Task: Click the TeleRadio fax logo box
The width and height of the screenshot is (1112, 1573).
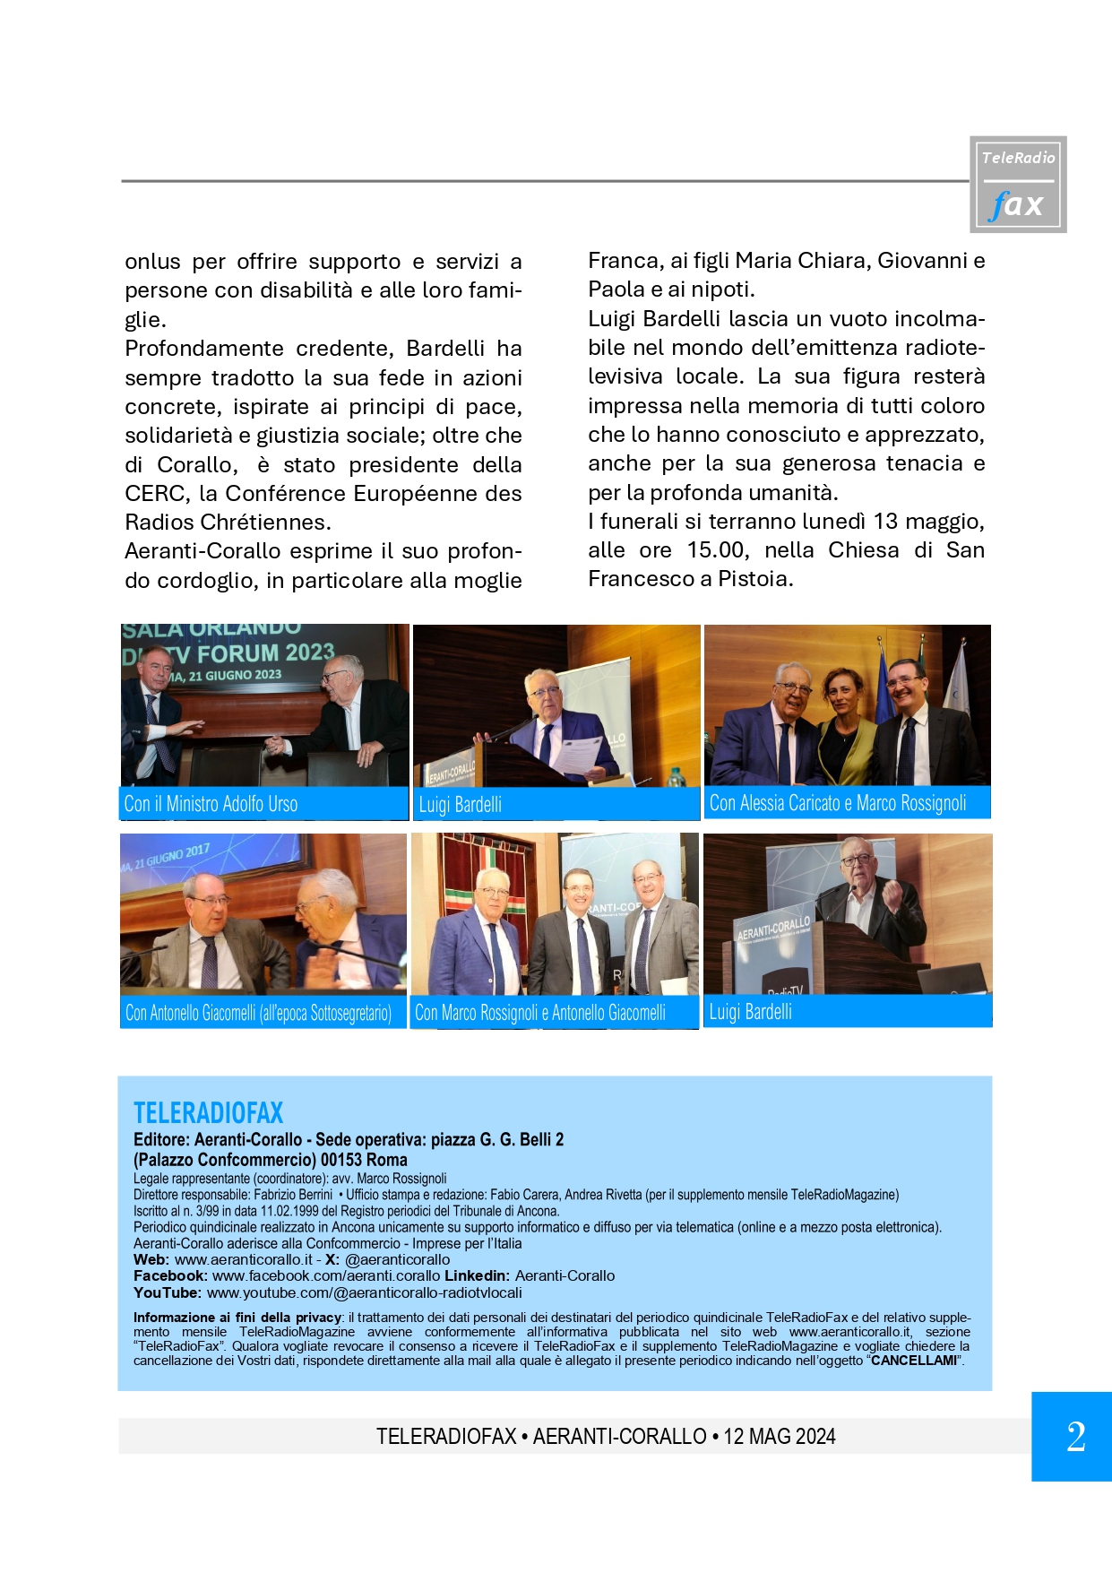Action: (1018, 185)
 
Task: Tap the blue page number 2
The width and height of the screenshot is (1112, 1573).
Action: (1074, 1437)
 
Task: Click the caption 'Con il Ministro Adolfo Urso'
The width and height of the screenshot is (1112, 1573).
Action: (211, 804)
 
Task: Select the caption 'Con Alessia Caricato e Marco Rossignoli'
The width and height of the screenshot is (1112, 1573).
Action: (837, 803)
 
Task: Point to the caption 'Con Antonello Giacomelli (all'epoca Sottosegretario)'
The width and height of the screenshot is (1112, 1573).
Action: (258, 1013)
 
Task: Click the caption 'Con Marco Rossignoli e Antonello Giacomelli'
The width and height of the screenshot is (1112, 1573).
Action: (539, 1013)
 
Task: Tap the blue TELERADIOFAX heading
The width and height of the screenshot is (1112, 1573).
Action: (208, 1113)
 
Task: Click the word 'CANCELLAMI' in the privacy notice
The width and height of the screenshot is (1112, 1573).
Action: (914, 1361)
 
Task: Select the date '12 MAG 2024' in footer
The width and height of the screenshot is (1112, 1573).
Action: (779, 1437)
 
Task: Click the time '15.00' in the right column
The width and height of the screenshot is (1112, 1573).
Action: (718, 550)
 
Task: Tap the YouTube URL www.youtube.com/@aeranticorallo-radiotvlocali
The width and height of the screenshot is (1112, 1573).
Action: (364, 1292)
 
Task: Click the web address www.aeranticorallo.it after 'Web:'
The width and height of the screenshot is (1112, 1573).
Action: (244, 1259)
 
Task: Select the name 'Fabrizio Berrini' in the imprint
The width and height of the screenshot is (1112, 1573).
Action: (293, 1195)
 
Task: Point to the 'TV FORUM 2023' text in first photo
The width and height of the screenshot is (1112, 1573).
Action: (265, 653)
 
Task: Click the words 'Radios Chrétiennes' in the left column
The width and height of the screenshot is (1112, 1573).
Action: (228, 523)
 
